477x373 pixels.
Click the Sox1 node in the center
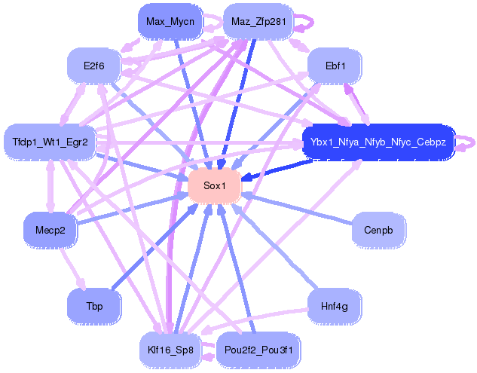pyautogui.click(x=214, y=186)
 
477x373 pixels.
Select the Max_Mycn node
pyautogui.click(x=170, y=21)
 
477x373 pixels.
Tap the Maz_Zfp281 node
pyautogui.click(x=258, y=22)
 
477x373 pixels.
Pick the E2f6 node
pyautogui.click(x=94, y=66)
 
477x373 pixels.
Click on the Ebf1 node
pyautogui.click(x=335, y=66)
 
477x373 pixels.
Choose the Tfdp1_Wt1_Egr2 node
pyautogui.click(x=50, y=142)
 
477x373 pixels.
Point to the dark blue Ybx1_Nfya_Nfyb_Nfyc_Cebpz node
pyautogui.click(x=378, y=142)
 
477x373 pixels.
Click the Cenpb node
pyautogui.click(x=378, y=230)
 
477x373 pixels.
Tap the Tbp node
pyautogui.click(x=94, y=306)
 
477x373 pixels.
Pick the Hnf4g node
pyautogui.click(x=335, y=306)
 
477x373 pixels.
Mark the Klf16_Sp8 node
pyautogui.click(x=170, y=350)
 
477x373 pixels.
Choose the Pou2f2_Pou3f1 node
pyautogui.click(x=258, y=350)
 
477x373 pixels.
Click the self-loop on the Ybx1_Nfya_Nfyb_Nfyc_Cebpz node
pyautogui.click(x=467, y=142)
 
